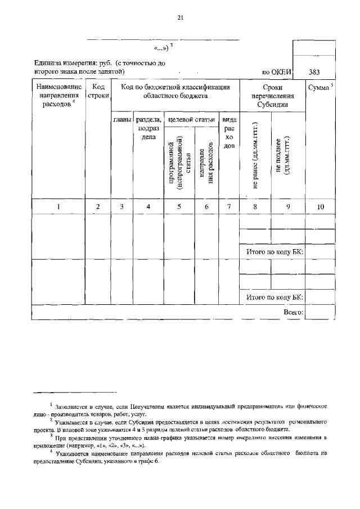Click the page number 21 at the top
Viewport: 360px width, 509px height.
coord(180,17)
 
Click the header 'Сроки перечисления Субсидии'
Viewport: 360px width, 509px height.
coord(272,96)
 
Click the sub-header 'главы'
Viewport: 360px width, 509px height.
coord(122,120)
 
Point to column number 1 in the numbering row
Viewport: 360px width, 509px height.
coord(58,207)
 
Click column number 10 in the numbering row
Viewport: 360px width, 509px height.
coord(320,207)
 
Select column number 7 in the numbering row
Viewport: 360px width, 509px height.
coord(228,207)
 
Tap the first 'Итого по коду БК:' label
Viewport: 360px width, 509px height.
coord(274,253)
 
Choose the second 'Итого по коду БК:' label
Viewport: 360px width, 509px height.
coord(274,297)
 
